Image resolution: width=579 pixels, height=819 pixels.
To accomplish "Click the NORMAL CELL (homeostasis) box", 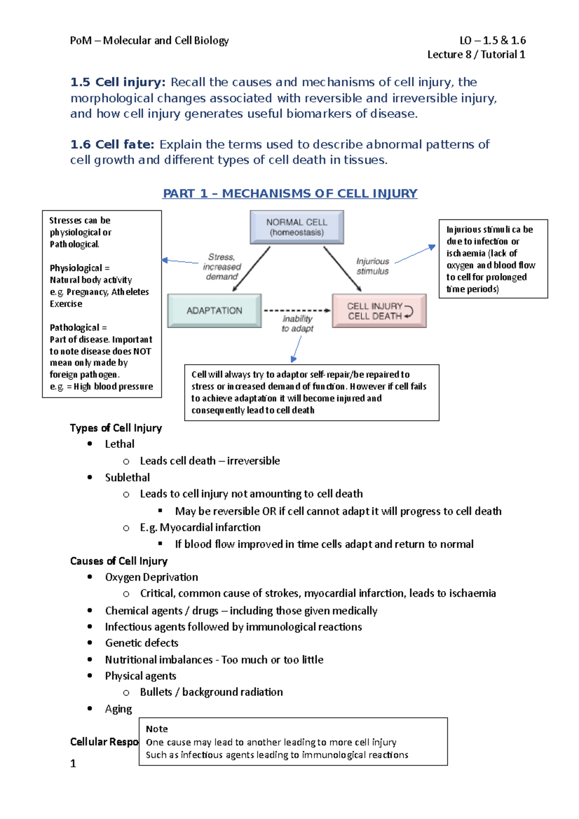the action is [x=296, y=227].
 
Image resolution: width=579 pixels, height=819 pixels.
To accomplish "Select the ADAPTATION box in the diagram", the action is [x=214, y=311].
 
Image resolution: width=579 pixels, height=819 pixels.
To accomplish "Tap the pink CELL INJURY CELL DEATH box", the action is [x=379, y=311].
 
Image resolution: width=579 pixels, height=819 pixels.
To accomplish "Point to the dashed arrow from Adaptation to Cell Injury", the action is [x=297, y=311].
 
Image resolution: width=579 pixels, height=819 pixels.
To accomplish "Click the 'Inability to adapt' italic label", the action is [x=297, y=324].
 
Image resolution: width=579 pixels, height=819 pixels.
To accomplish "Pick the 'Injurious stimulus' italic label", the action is [x=372, y=266].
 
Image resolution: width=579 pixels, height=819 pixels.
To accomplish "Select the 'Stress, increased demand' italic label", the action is [x=222, y=267].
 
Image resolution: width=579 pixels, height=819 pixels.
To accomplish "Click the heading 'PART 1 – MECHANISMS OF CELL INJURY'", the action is [x=289, y=193].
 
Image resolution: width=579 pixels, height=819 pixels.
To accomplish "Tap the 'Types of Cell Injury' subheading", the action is [x=116, y=428].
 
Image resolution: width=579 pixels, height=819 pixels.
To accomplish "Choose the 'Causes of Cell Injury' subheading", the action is [x=119, y=561].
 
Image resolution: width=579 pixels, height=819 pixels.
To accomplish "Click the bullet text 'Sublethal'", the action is [x=127, y=478].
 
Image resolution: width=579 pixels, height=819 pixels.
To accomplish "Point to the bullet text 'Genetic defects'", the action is [x=141, y=643].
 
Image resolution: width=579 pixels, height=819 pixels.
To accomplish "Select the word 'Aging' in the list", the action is [x=118, y=709].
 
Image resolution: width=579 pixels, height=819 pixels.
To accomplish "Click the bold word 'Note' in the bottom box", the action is [x=156, y=729].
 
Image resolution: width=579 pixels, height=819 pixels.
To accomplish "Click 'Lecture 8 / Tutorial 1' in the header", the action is [x=476, y=55].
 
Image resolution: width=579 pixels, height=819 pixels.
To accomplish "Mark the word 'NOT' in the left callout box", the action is [x=142, y=351].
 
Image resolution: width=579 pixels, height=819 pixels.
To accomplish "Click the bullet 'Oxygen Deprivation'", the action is [x=152, y=577].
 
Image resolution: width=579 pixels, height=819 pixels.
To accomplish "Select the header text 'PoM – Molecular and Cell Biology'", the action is [x=149, y=40].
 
